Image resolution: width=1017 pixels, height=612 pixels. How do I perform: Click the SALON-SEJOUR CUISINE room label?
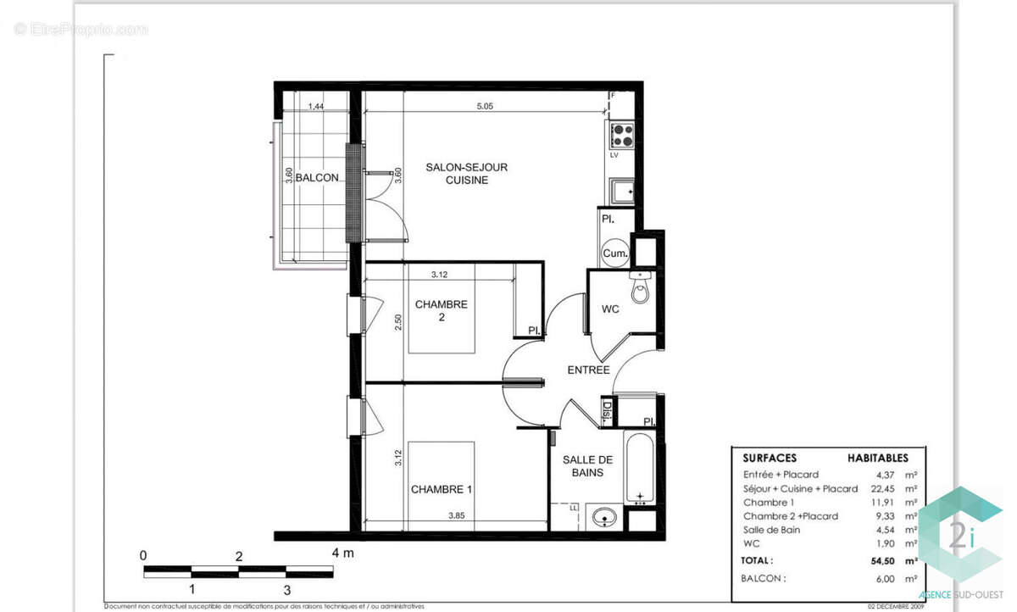(466, 174)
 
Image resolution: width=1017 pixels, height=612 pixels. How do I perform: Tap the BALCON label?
(318, 178)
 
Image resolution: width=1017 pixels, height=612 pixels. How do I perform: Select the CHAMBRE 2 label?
(441, 311)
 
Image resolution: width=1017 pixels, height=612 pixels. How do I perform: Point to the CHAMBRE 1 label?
(442, 489)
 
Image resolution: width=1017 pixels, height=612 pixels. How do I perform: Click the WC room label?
(610, 309)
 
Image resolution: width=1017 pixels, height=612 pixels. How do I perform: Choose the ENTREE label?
(588, 370)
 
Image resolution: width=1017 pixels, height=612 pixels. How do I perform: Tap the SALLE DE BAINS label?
(586, 465)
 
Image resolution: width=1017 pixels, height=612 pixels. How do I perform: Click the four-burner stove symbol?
(621, 135)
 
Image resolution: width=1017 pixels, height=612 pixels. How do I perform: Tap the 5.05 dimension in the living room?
(484, 107)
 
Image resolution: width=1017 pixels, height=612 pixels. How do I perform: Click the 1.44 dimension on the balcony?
(315, 107)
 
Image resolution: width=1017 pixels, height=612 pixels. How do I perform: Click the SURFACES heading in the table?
(770, 457)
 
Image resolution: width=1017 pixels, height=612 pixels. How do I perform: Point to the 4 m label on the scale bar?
(342, 554)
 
